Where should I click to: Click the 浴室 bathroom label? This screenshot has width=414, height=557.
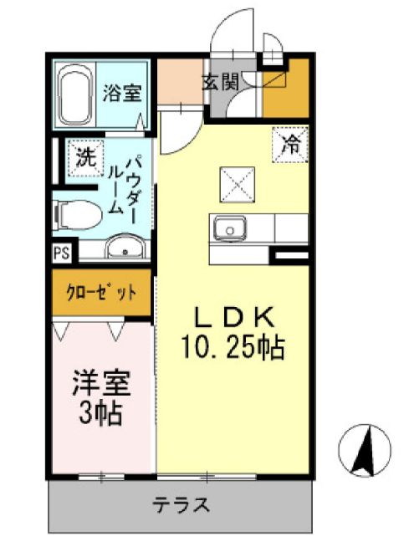(x=121, y=93)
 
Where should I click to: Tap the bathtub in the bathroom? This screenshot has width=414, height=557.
(x=77, y=94)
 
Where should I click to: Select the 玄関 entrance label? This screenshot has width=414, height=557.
(x=220, y=82)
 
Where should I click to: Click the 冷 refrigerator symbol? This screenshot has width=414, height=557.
(x=290, y=144)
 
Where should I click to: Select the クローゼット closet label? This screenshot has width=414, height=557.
(x=101, y=293)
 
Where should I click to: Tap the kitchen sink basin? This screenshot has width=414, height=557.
(x=227, y=227)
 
